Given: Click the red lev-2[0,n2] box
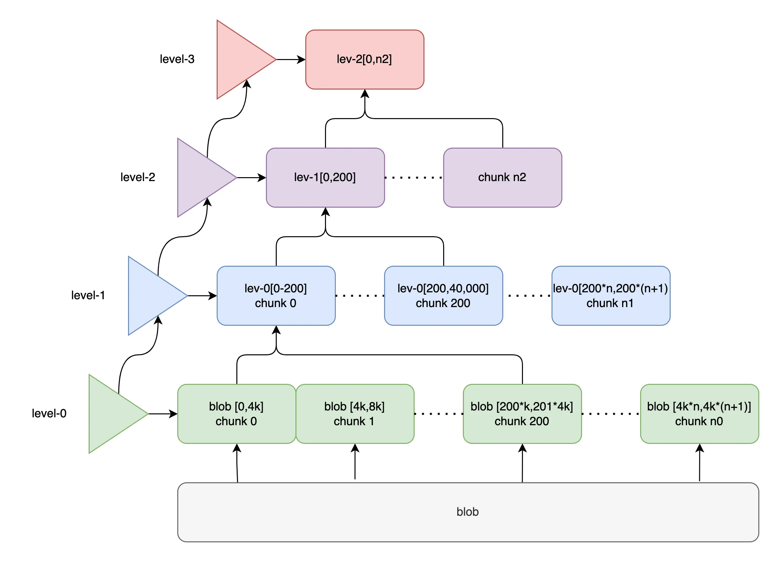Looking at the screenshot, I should point(364,59).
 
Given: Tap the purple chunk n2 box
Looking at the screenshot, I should point(502,177).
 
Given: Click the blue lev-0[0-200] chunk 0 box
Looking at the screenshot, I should point(276,296).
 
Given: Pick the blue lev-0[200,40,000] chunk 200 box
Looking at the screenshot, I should point(443,296).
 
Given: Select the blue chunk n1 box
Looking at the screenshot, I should point(610,296).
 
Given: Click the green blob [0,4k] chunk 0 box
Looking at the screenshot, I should point(236,414).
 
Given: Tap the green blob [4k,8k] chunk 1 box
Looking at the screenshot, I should point(355,414).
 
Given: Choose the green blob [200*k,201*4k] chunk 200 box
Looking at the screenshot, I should point(522,414).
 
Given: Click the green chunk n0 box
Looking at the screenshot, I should point(699,414).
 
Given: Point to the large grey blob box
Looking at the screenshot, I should point(467,512).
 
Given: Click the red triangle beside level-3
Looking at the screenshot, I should point(240,59).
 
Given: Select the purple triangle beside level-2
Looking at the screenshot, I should point(201,177).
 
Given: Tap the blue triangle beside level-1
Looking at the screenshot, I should point(152,296).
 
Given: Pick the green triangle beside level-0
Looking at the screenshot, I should point(112,414).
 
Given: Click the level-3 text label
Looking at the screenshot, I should point(177,59).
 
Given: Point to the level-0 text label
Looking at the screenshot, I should point(49,413).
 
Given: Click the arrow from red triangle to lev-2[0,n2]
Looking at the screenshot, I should point(290,59).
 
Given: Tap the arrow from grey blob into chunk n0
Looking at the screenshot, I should point(699,464).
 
